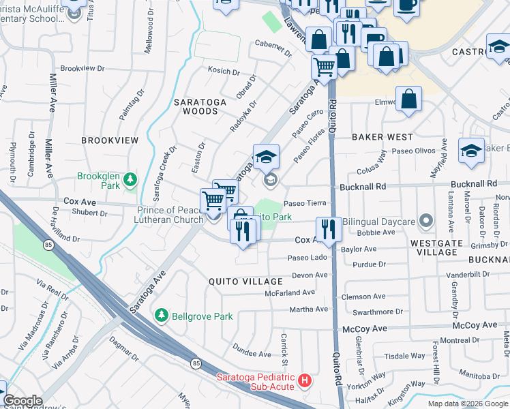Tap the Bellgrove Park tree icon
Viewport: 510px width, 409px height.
(x=162, y=316)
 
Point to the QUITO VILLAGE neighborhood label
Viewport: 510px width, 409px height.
(x=245, y=282)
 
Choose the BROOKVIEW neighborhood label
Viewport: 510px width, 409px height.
(x=110, y=140)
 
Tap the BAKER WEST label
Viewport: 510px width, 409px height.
(x=382, y=137)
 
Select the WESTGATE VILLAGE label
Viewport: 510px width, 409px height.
(x=437, y=247)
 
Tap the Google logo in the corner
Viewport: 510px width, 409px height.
(x=22, y=401)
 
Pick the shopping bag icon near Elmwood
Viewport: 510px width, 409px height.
(x=409, y=99)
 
